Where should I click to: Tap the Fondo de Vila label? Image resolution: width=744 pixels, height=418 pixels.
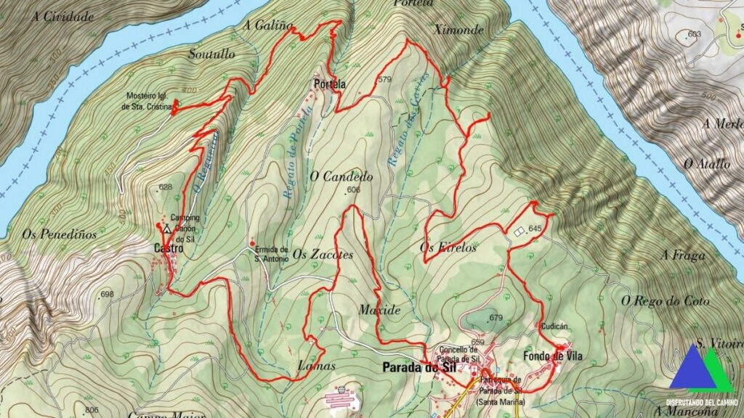pyautogui.click(x=553, y=356)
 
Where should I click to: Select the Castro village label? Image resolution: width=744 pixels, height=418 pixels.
pyautogui.click(x=168, y=249)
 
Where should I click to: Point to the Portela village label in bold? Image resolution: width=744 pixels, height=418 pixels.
pyautogui.click(x=329, y=84)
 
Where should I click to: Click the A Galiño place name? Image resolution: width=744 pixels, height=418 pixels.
pyautogui.click(x=268, y=26)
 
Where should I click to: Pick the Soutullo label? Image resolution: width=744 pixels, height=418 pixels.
pyautogui.click(x=211, y=54)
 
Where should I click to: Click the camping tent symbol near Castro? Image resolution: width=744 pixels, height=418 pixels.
pyautogui.click(x=167, y=228)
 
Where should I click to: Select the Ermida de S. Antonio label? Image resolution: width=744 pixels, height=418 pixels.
pyautogui.click(x=272, y=253)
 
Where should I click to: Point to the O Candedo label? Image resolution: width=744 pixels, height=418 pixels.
pyautogui.click(x=341, y=176)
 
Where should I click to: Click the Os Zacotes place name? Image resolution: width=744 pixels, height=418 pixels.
pyautogui.click(x=323, y=255)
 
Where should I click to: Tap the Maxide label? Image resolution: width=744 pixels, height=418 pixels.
pyautogui.click(x=379, y=310)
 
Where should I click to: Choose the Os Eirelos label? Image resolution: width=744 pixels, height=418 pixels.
pyautogui.click(x=448, y=247)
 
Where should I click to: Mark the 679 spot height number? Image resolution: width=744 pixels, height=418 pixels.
pyautogui.click(x=496, y=318)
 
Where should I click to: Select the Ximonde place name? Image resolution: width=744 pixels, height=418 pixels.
pyautogui.click(x=458, y=30)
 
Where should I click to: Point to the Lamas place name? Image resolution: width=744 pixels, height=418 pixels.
pyautogui.click(x=316, y=367)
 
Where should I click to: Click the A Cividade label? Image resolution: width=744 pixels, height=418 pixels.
pyautogui.click(x=63, y=16)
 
